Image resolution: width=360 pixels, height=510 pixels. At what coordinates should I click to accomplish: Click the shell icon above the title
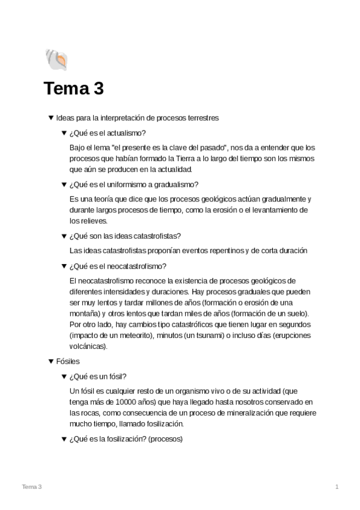pos(55,60)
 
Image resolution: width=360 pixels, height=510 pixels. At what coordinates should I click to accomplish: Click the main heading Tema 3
pos(73,89)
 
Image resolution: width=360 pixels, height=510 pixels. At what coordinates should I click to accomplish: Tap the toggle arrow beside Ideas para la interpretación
pos(50,118)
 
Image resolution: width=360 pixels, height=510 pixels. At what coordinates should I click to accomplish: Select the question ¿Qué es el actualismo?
pos(108,133)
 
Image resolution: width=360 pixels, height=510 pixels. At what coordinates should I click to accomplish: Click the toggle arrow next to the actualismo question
pos(64,133)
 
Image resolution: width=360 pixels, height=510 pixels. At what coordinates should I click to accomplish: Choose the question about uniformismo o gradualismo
pos(133,184)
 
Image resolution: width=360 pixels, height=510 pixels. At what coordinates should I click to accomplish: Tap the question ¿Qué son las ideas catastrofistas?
pos(125,235)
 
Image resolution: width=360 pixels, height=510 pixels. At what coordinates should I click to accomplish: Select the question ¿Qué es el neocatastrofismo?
pos(118,266)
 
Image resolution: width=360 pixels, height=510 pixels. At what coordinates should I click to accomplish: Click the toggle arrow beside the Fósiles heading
pos(50,361)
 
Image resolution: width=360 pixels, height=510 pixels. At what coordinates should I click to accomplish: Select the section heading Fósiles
pos(67,361)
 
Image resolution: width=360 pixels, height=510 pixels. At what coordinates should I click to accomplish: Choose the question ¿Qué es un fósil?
pos(97,376)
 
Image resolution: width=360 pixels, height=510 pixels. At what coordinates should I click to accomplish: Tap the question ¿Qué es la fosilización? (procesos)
pos(126,439)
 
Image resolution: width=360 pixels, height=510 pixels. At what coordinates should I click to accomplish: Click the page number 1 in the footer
pos(337,486)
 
